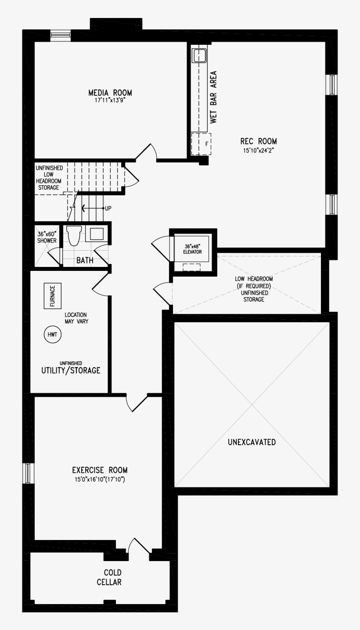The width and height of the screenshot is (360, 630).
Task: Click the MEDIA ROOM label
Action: click(110, 93)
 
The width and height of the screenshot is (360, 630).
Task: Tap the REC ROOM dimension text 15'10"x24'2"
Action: click(258, 150)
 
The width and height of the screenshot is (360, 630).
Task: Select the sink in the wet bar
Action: click(199, 55)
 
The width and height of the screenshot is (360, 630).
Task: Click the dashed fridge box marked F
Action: click(202, 144)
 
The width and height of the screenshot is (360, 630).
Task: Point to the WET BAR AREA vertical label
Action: click(213, 97)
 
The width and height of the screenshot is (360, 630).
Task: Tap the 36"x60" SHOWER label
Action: click(47, 238)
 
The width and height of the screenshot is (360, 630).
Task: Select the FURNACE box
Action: click(52, 296)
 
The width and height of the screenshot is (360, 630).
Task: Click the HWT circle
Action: click(52, 335)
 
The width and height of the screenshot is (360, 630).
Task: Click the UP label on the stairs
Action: click(108, 208)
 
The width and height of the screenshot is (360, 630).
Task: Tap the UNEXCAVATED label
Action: click(252, 442)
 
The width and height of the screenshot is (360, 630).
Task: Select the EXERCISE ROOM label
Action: click(100, 470)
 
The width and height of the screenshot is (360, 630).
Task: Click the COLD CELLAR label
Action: click(112, 577)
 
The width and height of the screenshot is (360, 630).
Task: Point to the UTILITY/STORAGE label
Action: click(71, 370)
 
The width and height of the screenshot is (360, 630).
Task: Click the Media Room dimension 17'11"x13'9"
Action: click(110, 101)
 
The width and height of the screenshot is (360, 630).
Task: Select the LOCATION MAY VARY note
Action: click(76, 318)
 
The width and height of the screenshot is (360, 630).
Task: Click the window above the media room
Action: click(60, 35)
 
